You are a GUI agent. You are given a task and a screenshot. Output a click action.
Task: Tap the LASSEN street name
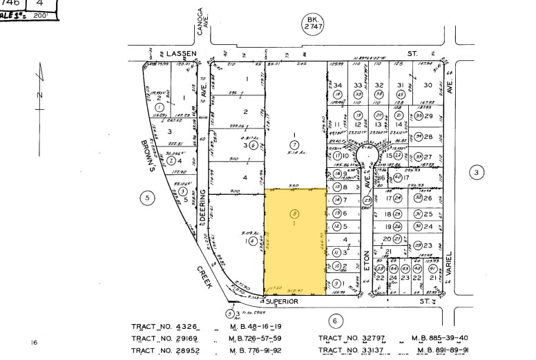click(x=181, y=53)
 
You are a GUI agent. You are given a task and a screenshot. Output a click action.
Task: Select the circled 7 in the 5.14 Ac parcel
click(x=294, y=144)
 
